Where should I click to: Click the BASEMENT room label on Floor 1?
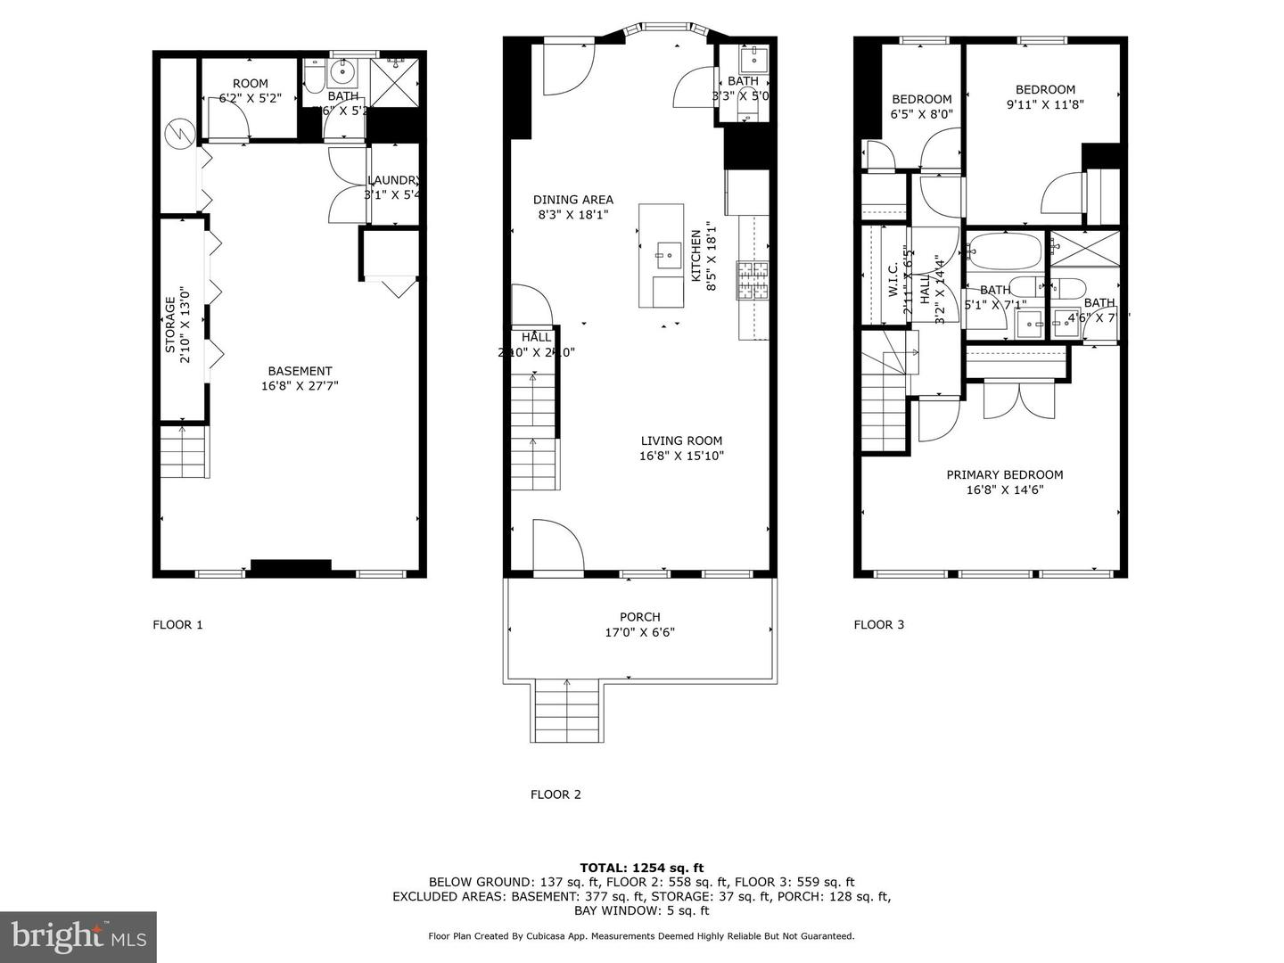point(300,371)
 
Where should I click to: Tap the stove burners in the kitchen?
point(752,281)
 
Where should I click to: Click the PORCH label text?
point(639,617)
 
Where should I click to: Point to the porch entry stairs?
point(566,711)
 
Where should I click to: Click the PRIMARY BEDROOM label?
point(1004,475)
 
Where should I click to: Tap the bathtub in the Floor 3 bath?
point(1004,251)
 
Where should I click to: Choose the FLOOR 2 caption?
point(556,794)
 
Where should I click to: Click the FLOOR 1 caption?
point(177,625)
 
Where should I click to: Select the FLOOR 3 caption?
point(878,625)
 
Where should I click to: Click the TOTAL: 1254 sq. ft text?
point(641,868)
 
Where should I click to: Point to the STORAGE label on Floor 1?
point(170,319)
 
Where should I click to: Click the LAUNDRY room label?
point(392,180)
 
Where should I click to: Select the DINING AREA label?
point(572,200)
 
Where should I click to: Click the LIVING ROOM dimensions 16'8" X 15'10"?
point(681,457)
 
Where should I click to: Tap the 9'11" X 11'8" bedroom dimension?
point(1045,104)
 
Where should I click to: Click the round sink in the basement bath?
point(342,72)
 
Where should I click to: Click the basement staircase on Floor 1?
point(183,453)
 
